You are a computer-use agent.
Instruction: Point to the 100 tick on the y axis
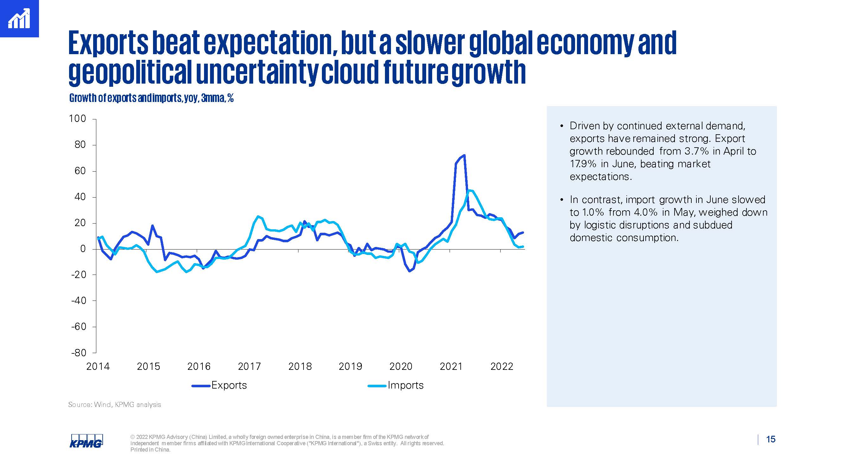77,119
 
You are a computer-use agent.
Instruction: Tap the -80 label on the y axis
79,353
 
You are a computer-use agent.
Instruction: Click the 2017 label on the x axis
249,366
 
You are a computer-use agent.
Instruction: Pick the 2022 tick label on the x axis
502,366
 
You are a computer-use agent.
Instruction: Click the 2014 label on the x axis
98,366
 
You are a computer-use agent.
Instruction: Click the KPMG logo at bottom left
86,441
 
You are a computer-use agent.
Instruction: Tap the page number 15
771,439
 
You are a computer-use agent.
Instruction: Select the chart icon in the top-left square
19,19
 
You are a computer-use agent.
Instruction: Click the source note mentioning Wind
114,405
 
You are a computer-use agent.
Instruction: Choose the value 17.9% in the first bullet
583,164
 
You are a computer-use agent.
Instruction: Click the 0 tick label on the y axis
83,249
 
